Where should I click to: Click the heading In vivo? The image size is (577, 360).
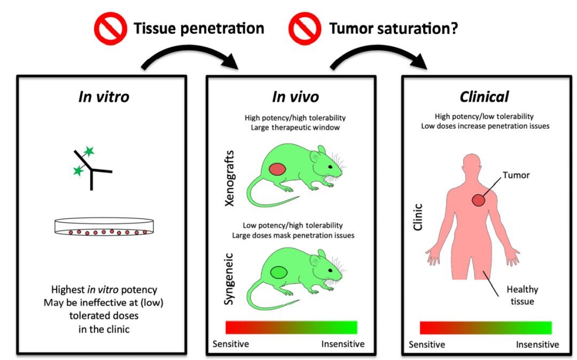(x=295, y=97)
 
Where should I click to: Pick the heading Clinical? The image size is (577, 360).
(x=485, y=97)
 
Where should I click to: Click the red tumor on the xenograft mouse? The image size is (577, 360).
(x=277, y=169)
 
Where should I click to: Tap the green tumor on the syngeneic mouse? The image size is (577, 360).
(x=278, y=272)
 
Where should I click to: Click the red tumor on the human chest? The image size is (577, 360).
(x=478, y=200)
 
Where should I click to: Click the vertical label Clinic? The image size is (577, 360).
(x=418, y=216)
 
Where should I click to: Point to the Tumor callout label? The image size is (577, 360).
(x=516, y=175)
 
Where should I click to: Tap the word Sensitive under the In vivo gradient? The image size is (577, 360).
(x=231, y=343)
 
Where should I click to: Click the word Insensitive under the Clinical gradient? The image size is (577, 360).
(x=537, y=344)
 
